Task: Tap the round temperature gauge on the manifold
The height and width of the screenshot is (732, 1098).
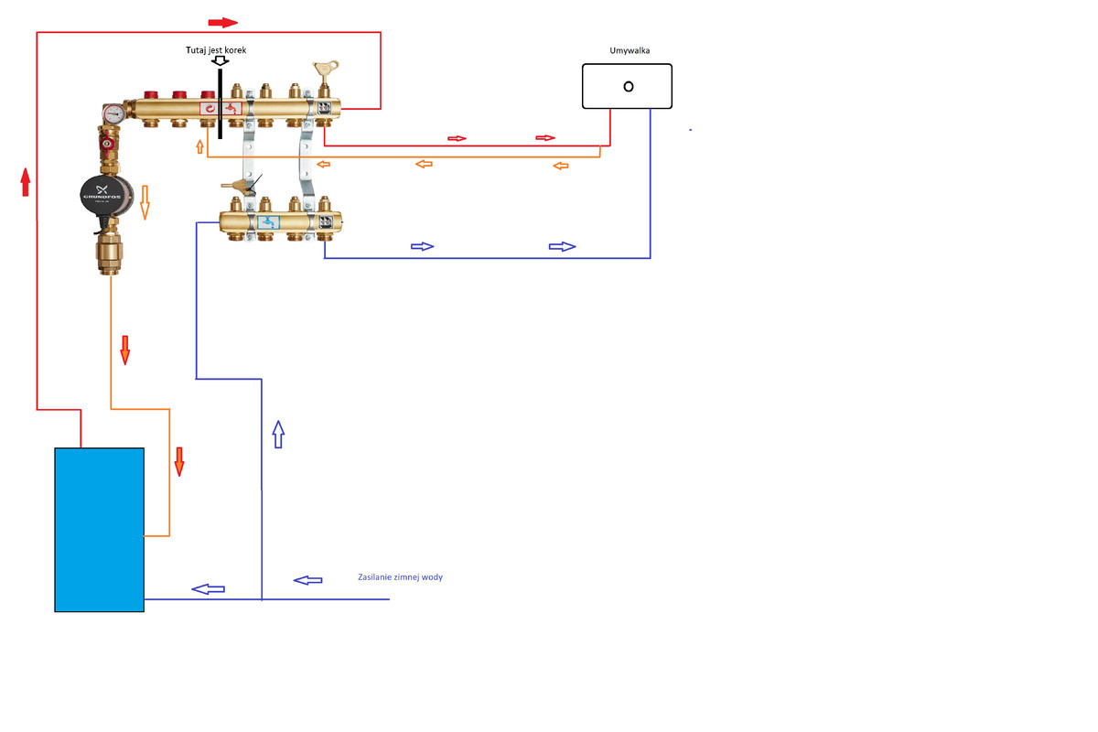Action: click(114, 114)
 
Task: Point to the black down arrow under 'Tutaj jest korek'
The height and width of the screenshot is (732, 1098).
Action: click(220, 61)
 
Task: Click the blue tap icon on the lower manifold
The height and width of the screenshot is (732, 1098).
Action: click(268, 221)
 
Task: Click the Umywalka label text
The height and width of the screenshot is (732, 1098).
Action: click(630, 51)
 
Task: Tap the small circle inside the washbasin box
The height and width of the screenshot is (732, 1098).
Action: click(628, 86)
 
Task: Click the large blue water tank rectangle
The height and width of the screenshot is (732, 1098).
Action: click(99, 529)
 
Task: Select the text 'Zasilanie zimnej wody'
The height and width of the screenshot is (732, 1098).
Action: click(400, 577)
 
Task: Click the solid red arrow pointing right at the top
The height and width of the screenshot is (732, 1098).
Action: click(223, 22)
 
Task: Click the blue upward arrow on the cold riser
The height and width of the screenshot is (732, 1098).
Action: click(278, 435)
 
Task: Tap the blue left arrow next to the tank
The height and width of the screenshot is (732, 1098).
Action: click(208, 588)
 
